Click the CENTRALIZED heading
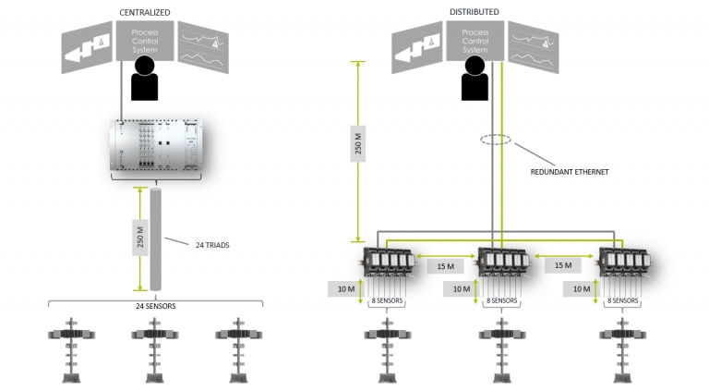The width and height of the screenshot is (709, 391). click(141, 11)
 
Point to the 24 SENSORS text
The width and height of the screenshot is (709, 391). click(154, 305)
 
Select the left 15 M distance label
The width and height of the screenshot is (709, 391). click(445, 266)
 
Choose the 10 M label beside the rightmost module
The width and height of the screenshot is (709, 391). click(582, 289)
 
